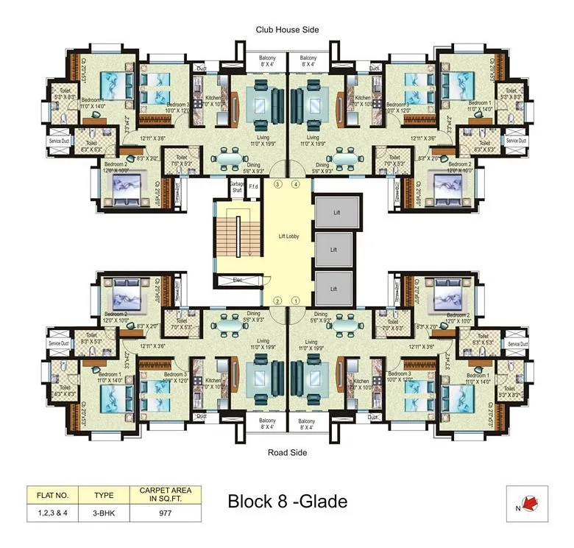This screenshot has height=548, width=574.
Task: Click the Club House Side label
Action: coord(287,29)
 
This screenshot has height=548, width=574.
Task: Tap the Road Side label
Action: coord(287,452)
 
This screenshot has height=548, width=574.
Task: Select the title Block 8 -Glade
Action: coord(287,502)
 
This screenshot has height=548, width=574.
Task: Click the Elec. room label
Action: coord(237,280)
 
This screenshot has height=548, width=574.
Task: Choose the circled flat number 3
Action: coord(277,183)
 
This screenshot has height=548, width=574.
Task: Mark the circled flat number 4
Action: coord(296,183)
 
